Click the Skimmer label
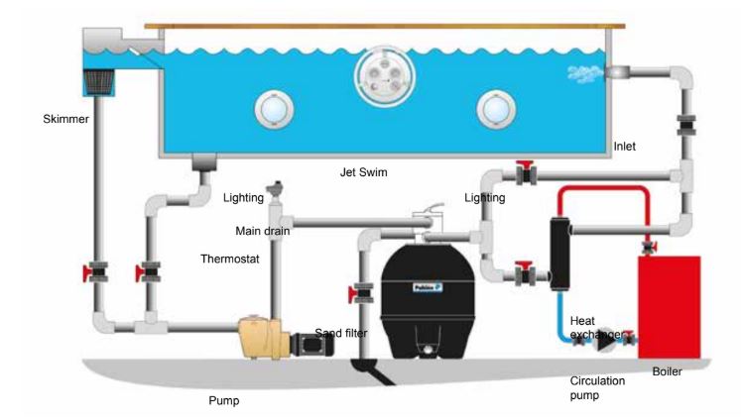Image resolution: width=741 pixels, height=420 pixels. point(65,119)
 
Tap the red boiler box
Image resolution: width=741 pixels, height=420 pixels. point(670,307)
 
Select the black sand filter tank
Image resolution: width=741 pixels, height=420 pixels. point(428,300)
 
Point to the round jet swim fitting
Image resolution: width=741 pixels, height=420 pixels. point(385,76)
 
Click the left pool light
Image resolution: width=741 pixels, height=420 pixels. point(274,109)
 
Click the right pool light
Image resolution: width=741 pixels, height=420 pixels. point(496,109)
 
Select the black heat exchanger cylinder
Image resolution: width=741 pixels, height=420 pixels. point(559,253)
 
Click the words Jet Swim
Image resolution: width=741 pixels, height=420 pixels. point(363,172)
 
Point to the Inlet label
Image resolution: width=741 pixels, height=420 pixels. point(624,147)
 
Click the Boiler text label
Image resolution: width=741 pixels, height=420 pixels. point(667,371)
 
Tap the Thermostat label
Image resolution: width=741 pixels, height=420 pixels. point(230,259)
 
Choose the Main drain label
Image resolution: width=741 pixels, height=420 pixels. point(262,231)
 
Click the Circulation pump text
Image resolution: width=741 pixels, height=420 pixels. point(597,387)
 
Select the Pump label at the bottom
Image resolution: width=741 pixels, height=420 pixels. point(224,400)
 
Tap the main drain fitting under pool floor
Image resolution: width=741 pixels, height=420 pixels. point(204,161)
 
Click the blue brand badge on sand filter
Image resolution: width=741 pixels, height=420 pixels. point(428,287)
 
